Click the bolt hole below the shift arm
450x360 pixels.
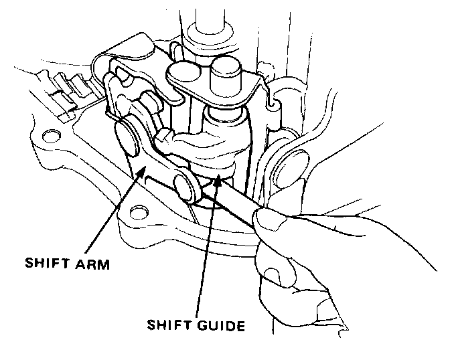pyautogui.click(x=138, y=213)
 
